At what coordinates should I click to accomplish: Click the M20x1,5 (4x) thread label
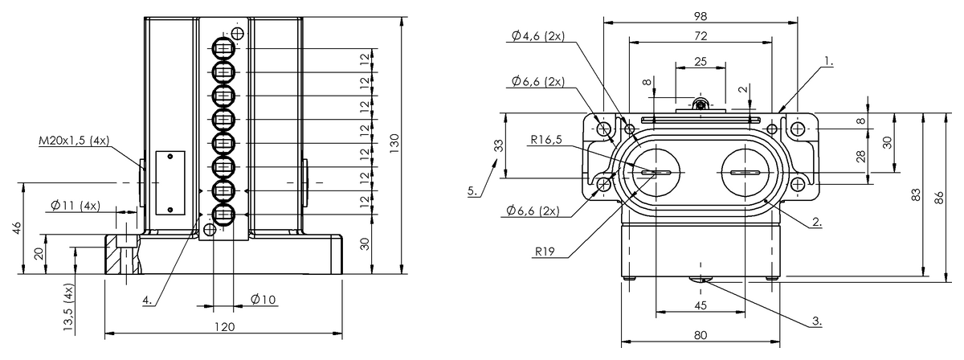(73, 141)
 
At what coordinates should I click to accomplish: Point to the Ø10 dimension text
(263, 300)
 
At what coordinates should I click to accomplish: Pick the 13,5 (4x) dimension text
(69, 309)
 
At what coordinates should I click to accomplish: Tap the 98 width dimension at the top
(701, 16)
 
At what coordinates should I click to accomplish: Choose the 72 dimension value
(701, 35)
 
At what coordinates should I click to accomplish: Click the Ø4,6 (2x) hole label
(537, 35)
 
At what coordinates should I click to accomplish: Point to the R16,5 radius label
(545, 139)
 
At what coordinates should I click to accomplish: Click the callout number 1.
(828, 60)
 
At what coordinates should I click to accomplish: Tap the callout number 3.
(816, 321)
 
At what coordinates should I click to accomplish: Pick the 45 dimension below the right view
(701, 305)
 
